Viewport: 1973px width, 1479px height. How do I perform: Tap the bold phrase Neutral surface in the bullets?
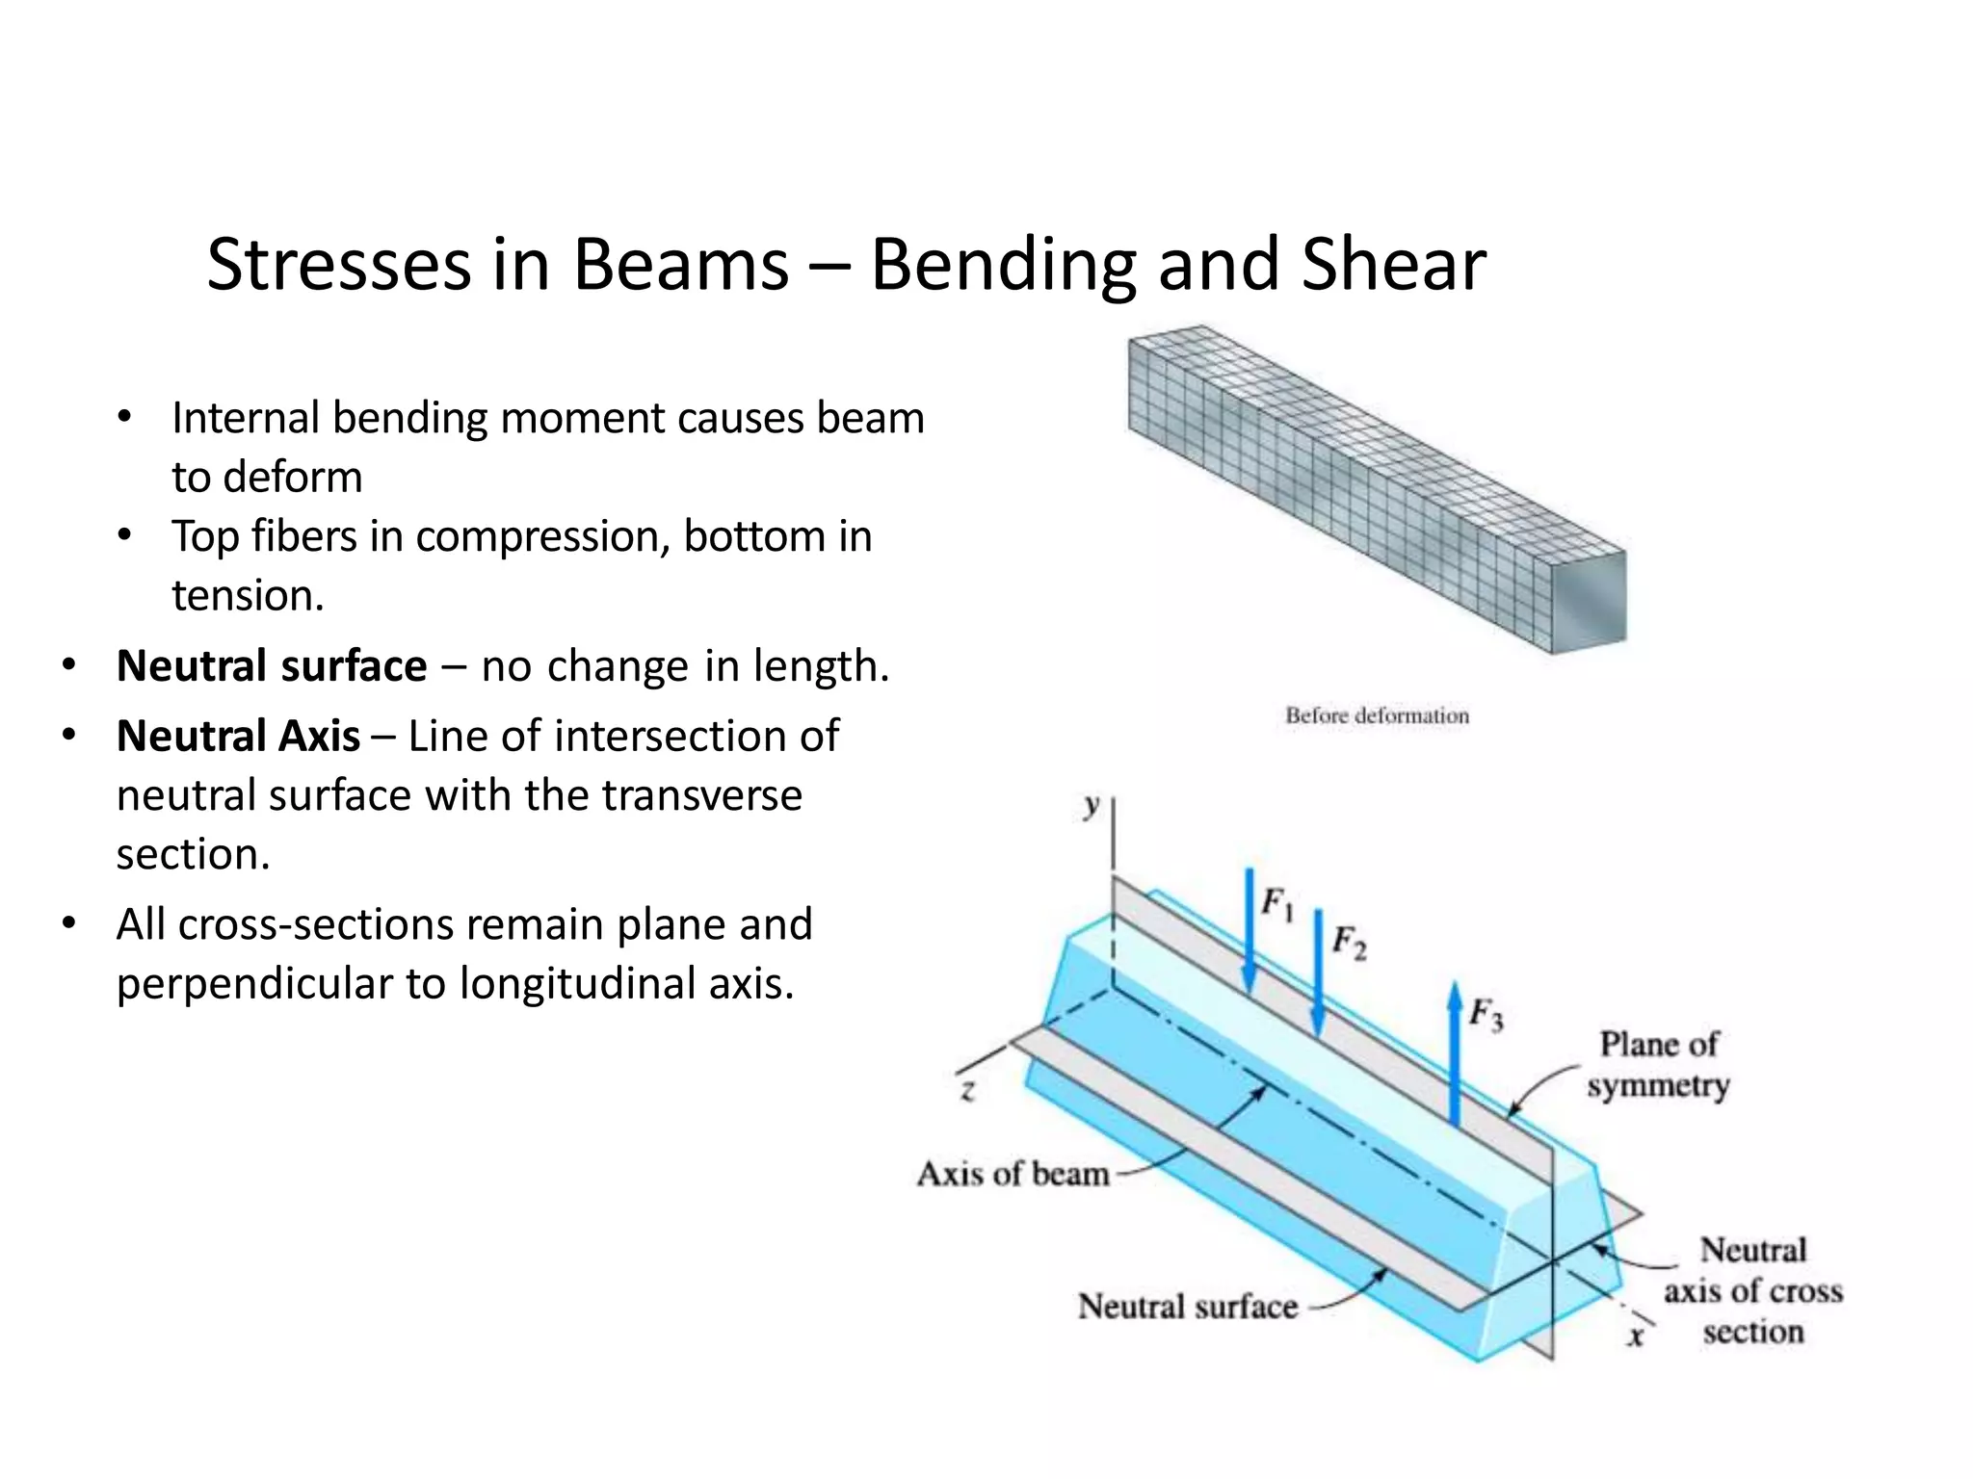click(x=272, y=665)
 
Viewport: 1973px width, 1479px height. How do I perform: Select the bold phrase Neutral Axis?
click(x=238, y=736)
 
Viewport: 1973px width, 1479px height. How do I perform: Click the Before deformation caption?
click(x=1377, y=715)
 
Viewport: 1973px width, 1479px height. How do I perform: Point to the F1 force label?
click(x=1277, y=904)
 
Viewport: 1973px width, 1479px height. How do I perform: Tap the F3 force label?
click(x=1486, y=1014)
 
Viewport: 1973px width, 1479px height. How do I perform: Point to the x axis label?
click(x=1635, y=1336)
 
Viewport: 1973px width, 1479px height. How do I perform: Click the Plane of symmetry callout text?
click(x=1658, y=1064)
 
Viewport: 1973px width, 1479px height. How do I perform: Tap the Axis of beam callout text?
click(x=1013, y=1174)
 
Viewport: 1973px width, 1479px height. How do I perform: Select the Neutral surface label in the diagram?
click(x=1187, y=1307)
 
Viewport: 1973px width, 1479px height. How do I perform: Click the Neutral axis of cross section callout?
click(x=1752, y=1290)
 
